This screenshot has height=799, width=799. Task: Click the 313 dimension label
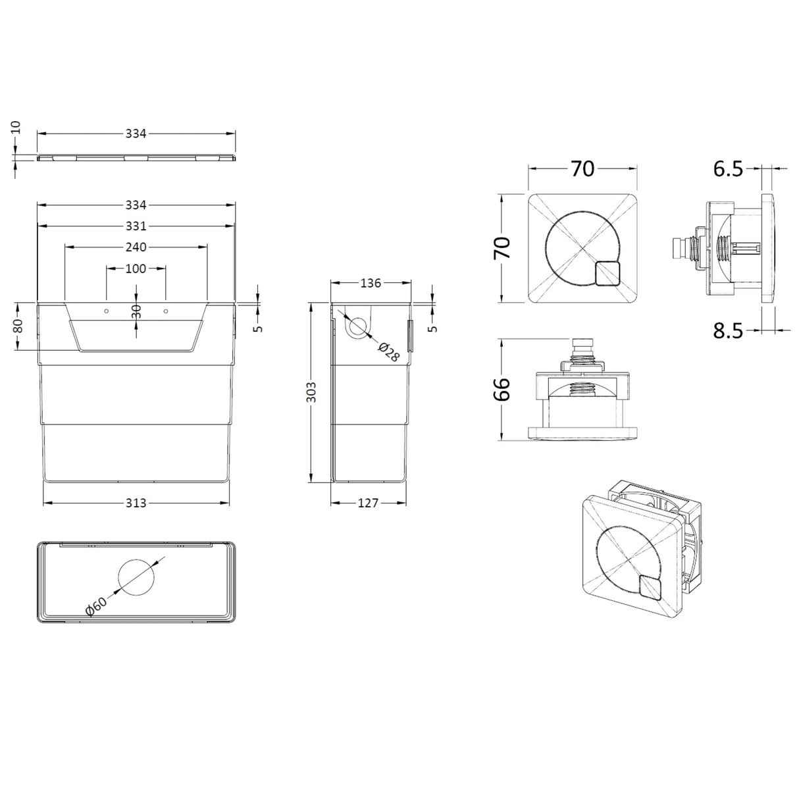(136, 503)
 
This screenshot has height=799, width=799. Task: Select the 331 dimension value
(136, 226)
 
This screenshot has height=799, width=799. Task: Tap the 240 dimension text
(136, 247)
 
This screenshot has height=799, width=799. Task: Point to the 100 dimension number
(136, 269)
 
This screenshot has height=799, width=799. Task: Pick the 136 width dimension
(370, 283)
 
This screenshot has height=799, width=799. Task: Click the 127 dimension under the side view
(369, 503)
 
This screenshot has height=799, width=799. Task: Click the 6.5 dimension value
(728, 169)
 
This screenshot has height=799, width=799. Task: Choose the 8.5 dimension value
(728, 330)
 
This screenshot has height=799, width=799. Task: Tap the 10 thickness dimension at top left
(16, 128)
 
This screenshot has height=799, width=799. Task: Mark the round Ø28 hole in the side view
(358, 326)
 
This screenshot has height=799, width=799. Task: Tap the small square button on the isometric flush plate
(649, 587)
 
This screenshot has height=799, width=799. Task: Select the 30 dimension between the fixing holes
(136, 311)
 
